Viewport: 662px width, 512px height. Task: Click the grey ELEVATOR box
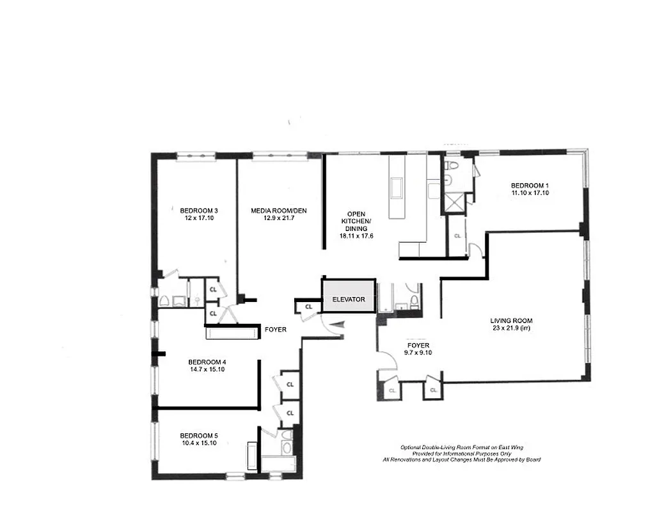349,298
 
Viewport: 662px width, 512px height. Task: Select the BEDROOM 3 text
199,210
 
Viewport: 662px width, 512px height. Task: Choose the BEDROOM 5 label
199,435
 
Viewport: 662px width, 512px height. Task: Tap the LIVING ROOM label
511,321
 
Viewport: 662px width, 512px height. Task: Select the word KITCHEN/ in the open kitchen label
356,221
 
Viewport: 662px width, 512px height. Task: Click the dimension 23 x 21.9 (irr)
511,328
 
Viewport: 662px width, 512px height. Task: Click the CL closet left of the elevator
309,307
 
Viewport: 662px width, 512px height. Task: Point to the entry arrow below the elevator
341,326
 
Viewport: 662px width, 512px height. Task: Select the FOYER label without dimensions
275,330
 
